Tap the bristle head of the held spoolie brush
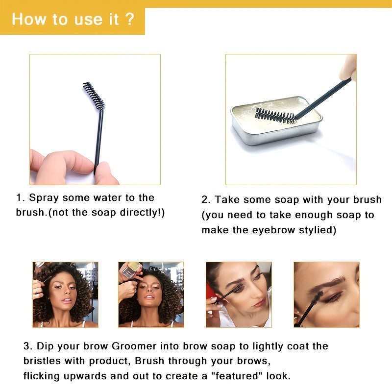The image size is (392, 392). (94, 96)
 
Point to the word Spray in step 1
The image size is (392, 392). (42, 198)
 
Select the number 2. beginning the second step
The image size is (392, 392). (206, 200)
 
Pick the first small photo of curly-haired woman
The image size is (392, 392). (65, 294)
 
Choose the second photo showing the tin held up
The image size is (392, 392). (151, 294)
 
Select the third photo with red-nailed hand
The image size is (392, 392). (239, 294)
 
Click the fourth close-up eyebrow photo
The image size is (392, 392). (326, 294)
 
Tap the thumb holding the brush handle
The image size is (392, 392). (105, 172)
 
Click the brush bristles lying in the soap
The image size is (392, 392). (274, 115)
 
